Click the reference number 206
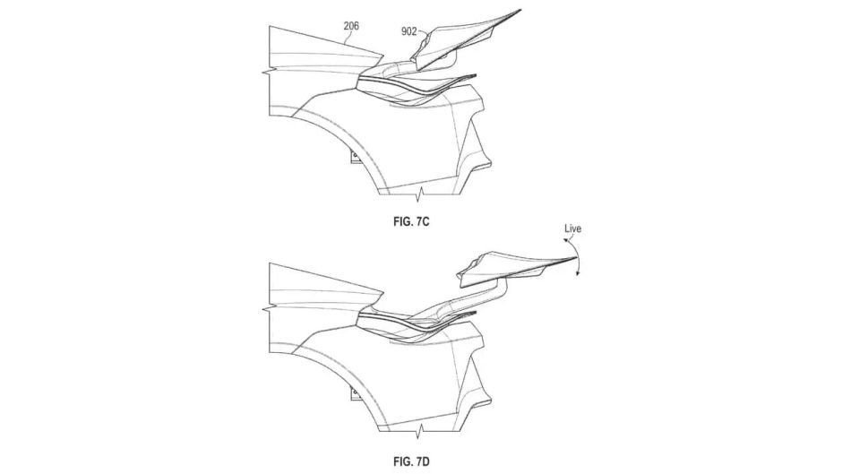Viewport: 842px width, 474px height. tap(351, 26)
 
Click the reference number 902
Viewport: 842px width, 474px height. tap(409, 31)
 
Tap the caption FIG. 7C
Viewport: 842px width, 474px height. tap(412, 222)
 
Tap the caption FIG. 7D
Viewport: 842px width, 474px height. tap(412, 461)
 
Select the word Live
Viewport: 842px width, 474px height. tap(572, 228)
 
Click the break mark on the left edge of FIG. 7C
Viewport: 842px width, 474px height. tap(270, 71)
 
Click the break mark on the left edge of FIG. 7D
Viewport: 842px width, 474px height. tap(270, 308)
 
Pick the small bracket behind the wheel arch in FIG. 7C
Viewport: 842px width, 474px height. tap(356, 156)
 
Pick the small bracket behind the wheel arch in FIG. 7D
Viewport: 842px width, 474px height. tap(356, 394)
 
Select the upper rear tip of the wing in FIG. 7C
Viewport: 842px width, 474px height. tap(521, 10)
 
